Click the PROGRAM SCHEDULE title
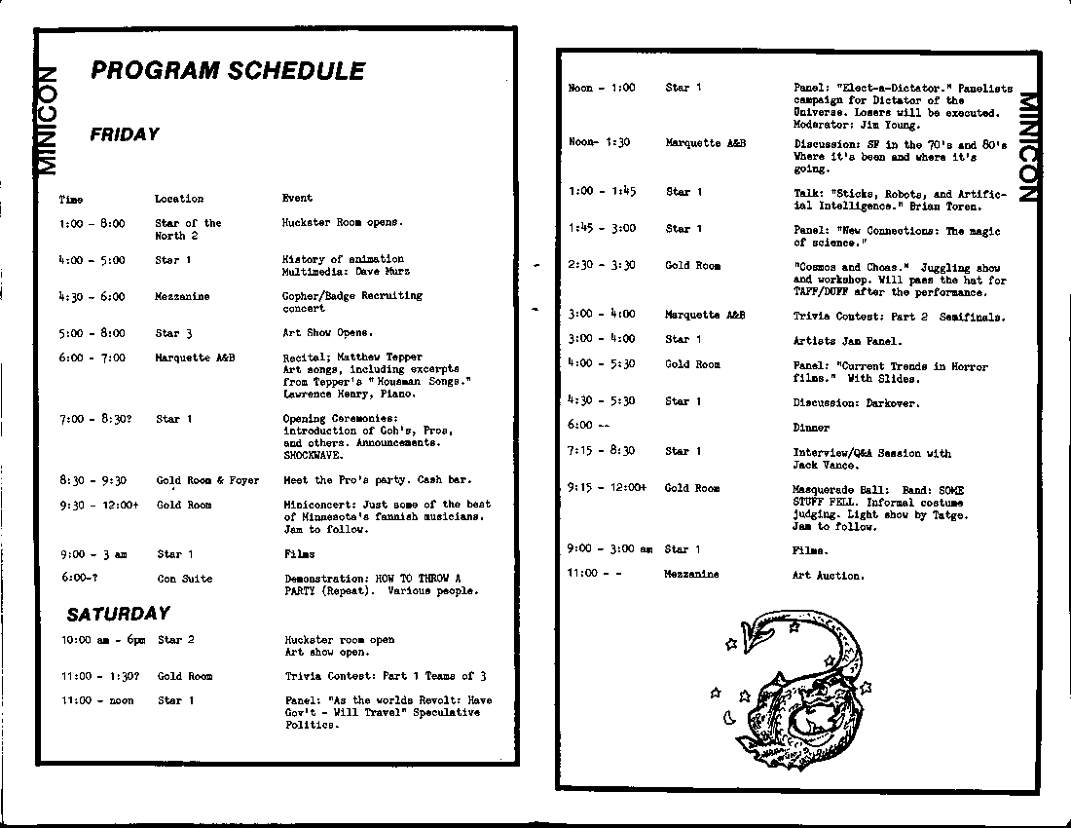pyautogui.click(x=228, y=71)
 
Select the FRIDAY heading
pyautogui.click(x=125, y=134)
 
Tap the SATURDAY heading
pyautogui.click(x=118, y=614)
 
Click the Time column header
pyautogui.click(x=71, y=200)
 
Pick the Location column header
pyautogui.click(x=179, y=199)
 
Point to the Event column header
pyautogui.click(x=297, y=199)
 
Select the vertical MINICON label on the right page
pyautogui.click(x=1029, y=145)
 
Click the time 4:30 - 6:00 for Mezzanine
pyautogui.click(x=92, y=297)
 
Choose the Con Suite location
pyautogui.click(x=184, y=579)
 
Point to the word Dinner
pyautogui.click(x=811, y=428)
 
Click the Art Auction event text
pyautogui.click(x=828, y=576)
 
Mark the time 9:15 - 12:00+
pyautogui.click(x=607, y=488)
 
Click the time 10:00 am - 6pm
pyautogui.click(x=103, y=640)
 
